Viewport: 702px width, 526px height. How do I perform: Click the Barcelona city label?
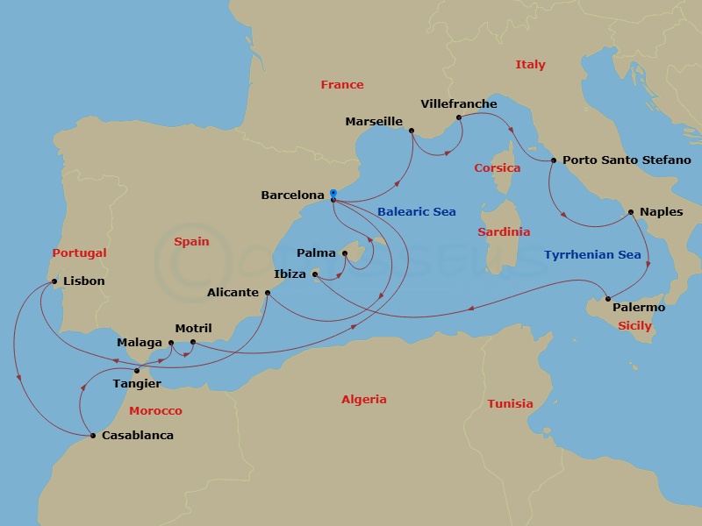pos(292,195)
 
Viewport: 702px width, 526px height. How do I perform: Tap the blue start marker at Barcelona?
pos(333,193)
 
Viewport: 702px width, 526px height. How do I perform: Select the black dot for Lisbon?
pos(55,281)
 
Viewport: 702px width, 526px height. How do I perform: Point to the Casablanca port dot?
pos(92,435)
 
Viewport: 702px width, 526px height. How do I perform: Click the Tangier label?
pos(137,383)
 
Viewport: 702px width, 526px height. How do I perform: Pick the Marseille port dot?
pos(411,131)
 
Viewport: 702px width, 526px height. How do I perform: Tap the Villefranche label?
pos(459,103)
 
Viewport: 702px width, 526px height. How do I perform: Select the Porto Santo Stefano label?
pos(627,160)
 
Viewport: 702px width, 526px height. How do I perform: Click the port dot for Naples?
pos(631,211)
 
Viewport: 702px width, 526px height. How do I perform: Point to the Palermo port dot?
pos(608,299)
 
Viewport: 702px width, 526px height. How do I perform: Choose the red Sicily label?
pos(634,325)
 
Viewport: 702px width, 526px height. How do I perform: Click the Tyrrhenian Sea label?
pos(592,255)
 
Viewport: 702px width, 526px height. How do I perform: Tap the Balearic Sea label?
pos(417,212)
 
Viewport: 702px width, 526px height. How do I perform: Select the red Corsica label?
pos(497,167)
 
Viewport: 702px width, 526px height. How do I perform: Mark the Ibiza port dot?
pos(315,274)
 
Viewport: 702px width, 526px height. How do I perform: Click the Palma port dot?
pos(345,253)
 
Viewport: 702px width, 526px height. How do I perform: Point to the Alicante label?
pos(233,293)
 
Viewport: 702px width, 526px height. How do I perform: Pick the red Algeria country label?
pos(363,399)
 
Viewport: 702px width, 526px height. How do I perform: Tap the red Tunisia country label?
pos(510,403)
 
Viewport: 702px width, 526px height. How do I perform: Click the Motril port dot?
pos(193,342)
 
